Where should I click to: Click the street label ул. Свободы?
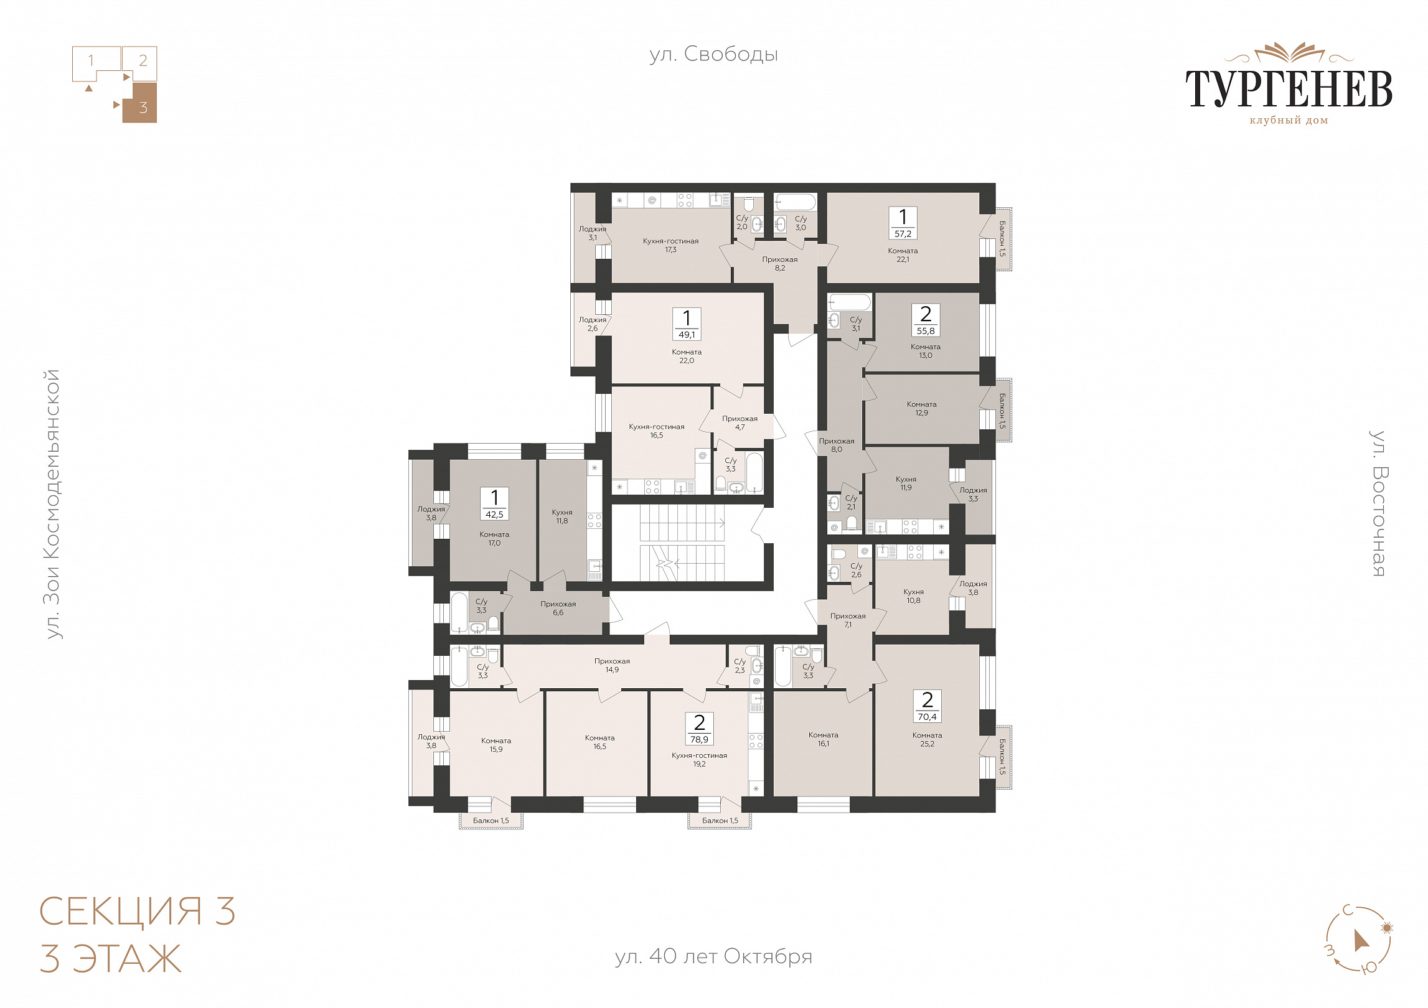click(713, 55)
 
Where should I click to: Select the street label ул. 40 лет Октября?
click(713, 956)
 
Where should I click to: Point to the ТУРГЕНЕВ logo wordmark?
click(1289, 88)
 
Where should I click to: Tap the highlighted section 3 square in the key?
click(139, 103)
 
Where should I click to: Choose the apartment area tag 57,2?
click(903, 234)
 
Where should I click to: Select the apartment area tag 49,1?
click(687, 335)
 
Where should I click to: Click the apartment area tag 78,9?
click(699, 740)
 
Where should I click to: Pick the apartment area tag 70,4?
click(927, 717)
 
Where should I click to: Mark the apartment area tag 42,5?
click(494, 515)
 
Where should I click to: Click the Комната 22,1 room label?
click(903, 255)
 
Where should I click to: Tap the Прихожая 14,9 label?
click(612, 665)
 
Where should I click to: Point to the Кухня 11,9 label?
click(906, 483)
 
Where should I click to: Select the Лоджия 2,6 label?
click(592, 324)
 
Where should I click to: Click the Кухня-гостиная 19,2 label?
click(699, 760)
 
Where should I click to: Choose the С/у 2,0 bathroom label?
click(741, 223)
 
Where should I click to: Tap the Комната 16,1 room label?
click(823, 739)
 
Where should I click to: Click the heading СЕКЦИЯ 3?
click(138, 912)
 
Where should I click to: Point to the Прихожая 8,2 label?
click(779, 264)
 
